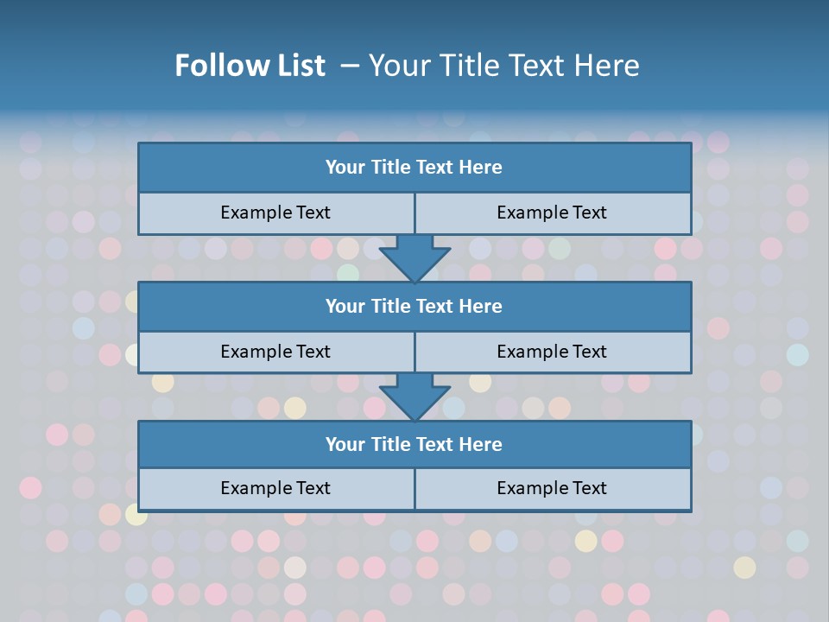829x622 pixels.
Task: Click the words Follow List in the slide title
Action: pos(250,66)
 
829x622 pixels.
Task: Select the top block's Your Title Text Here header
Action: pos(414,168)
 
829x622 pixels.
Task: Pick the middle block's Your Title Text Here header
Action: pos(414,306)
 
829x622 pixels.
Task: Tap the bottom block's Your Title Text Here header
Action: pos(414,444)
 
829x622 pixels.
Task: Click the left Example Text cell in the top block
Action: pos(275,213)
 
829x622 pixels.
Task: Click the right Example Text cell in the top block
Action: pos(552,213)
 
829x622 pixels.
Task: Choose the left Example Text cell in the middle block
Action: pos(275,352)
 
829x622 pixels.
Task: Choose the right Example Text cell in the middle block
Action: pos(552,352)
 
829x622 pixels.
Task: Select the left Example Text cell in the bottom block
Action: pos(275,488)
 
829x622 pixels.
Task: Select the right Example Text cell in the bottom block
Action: pos(552,488)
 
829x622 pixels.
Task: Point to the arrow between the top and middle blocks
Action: pos(414,257)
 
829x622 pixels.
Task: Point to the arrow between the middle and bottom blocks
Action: pos(414,397)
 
